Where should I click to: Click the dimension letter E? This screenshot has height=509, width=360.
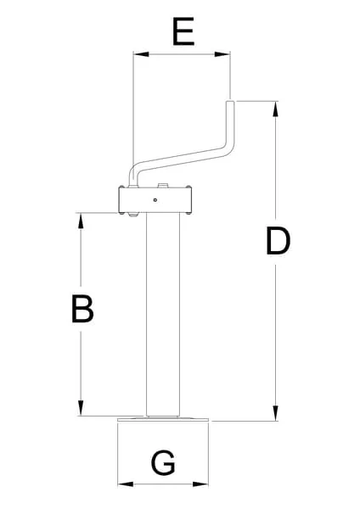pos(183,31)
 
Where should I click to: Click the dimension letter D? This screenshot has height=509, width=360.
pos(278,241)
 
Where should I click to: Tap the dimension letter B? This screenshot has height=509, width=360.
pos(82,309)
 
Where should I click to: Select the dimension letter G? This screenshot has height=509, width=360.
pos(163,462)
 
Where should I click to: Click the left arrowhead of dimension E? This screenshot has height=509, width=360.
pos(141,54)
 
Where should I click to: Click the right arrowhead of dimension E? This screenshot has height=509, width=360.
pos(222,54)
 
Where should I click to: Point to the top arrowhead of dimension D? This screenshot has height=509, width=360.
pos(276,109)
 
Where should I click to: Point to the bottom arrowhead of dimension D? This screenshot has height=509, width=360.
pos(276,413)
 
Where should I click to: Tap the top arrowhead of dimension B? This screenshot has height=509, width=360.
pos(81,221)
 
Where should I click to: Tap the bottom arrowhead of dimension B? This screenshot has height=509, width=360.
pos(81,408)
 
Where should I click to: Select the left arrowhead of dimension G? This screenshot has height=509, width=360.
pos(126,484)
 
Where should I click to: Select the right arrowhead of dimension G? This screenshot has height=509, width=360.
pos(200,484)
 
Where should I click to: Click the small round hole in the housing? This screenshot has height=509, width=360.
pos(155,200)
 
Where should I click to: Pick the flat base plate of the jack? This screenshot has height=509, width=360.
pos(163,419)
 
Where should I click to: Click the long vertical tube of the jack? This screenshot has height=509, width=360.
pos(163,314)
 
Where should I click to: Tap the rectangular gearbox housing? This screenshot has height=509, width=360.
pos(155,199)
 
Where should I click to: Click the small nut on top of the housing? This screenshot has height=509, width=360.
pos(162,186)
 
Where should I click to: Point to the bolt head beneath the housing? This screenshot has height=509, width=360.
pos(133,215)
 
